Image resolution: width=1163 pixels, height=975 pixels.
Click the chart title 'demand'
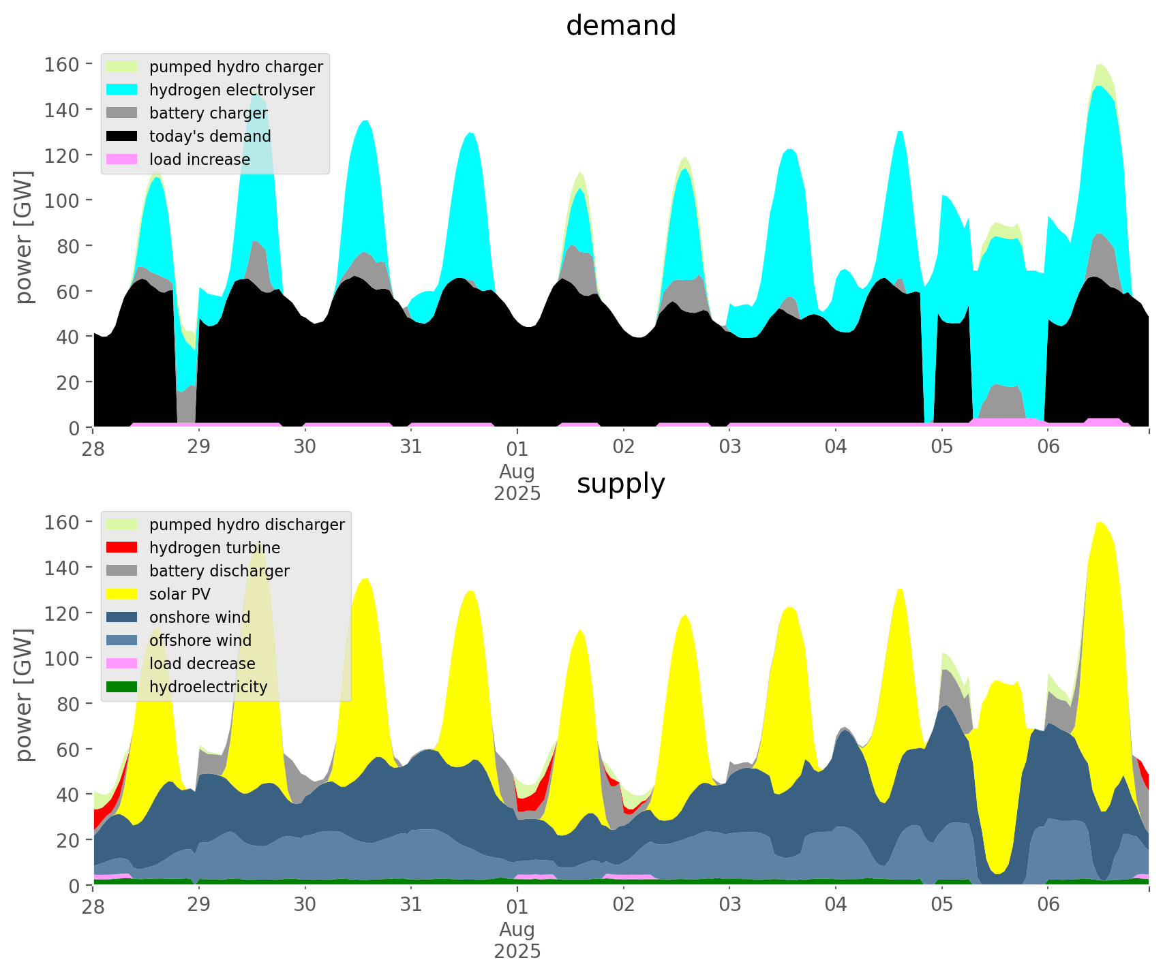tap(620, 26)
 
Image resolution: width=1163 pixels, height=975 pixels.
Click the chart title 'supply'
tap(620, 484)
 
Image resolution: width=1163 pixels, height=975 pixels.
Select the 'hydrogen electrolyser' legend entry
tap(232, 90)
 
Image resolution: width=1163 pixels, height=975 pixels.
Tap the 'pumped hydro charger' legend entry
tap(236, 67)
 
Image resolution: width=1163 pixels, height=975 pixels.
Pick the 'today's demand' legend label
tap(210, 136)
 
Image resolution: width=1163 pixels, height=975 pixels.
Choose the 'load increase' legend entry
tap(200, 159)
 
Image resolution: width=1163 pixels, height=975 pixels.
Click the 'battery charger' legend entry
tap(209, 113)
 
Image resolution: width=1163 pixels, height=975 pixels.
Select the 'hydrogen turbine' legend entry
tap(215, 548)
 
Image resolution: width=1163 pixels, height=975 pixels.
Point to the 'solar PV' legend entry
tap(180, 594)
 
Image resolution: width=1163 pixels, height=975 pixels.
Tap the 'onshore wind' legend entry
tap(200, 617)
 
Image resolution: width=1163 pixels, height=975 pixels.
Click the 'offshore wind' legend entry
tap(200, 640)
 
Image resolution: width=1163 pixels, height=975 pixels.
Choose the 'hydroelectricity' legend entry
tap(209, 687)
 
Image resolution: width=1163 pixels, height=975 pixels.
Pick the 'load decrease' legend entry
tap(202, 664)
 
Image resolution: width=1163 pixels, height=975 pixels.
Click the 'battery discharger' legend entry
tap(220, 571)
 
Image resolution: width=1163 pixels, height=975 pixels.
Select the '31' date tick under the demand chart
tap(411, 447)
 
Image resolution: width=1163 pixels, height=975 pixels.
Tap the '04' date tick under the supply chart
tap(836, 905)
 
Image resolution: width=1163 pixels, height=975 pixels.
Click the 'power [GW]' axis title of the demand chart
tap(24, 237)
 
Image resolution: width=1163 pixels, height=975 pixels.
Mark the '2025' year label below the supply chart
tap(517, 951)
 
